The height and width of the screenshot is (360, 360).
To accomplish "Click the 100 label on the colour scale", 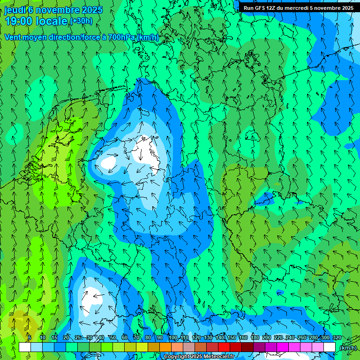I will click(x=173, y=338).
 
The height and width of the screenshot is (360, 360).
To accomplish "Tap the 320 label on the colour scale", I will click(x=337, y=338).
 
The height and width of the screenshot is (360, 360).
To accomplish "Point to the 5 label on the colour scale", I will click(x=29, y=338).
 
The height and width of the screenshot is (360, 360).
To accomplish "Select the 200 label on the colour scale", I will click(x=267, y=338).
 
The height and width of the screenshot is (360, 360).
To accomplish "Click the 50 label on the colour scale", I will click(x=112, y=338).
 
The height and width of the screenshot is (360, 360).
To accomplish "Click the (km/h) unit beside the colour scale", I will click(x=348, y=348).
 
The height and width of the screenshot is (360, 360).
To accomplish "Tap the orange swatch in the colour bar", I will click(x=165, y=347).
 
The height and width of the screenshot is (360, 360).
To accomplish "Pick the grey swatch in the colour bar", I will click(x=189, y=347).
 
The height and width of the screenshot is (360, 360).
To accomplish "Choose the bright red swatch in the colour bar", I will click(x=224, y=347).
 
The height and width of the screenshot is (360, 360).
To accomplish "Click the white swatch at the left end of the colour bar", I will click(x=25, y=347).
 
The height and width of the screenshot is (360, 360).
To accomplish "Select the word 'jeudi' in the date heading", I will click(x=15, y=10).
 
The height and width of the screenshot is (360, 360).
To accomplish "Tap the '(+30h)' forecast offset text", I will click(x=81, y=21).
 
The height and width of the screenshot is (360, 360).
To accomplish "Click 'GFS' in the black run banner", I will click(x=260, y=8).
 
